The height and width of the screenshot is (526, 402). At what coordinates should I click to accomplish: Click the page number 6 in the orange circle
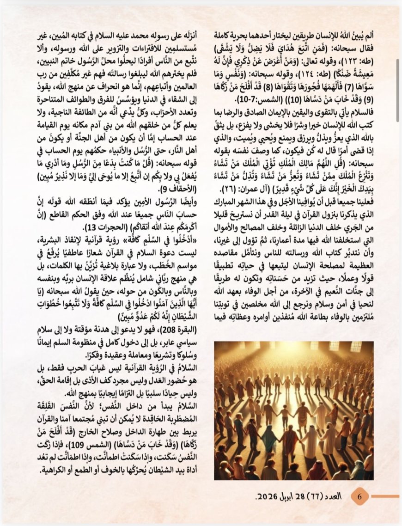(x=360, y=496)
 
